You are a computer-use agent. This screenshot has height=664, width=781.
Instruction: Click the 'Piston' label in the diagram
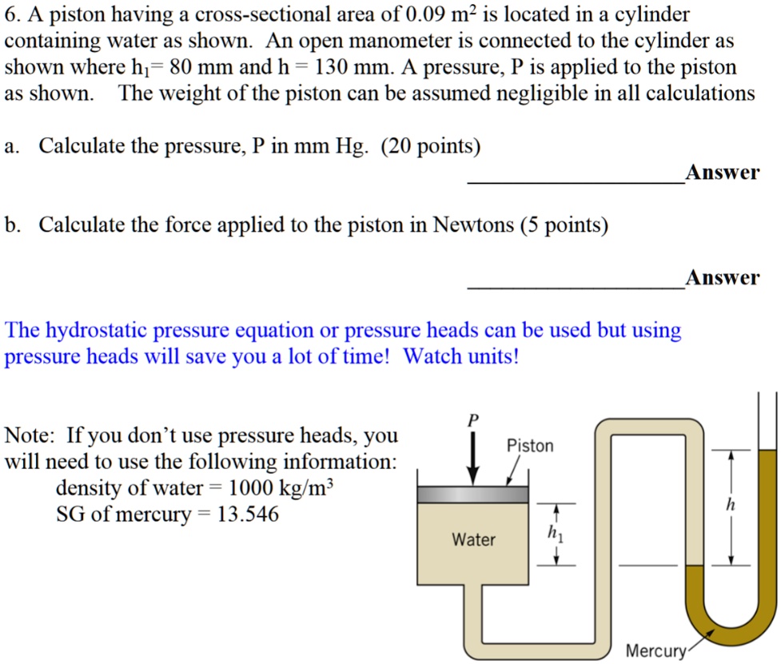click(530, 446)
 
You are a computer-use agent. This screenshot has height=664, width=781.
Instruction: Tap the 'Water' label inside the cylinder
click(474, 540)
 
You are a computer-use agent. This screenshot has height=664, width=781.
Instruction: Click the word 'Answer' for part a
click(722, 172)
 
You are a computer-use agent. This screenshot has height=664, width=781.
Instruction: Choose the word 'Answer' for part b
click(722, 277)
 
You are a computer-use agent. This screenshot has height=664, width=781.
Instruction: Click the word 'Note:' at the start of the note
click(30, 436)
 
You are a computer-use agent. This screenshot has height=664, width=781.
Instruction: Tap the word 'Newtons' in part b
click(473, 225)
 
